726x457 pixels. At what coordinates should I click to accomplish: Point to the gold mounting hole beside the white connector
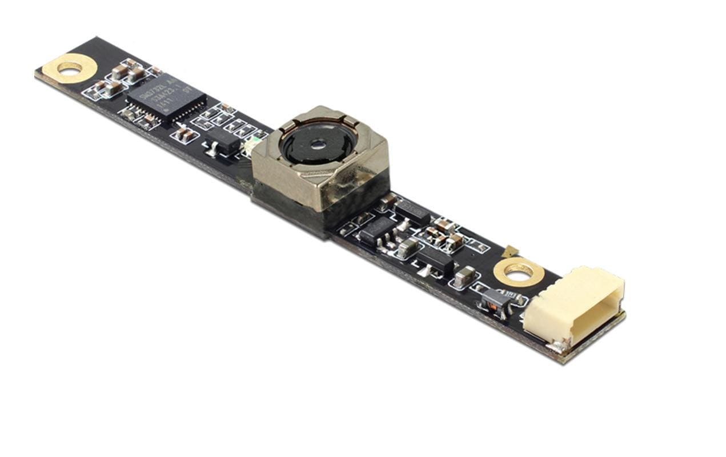tap(519, 272)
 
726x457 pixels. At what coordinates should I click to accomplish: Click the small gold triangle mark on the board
tap(510, 250)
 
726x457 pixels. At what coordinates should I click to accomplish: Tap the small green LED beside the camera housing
tap(249, 149)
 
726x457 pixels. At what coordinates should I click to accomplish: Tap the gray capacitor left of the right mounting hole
tap(466, 276)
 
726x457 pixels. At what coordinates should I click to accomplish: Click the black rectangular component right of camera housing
tap(412, 211)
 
